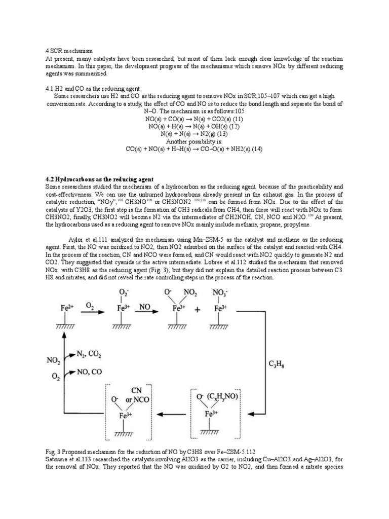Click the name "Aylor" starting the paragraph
coord(76,238)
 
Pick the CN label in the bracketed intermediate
coord(136,390)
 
